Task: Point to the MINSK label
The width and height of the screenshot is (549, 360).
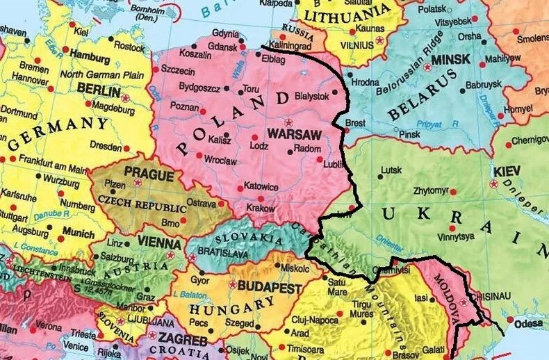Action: click(x=451, y=60)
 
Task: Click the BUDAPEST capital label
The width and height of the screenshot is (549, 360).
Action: click(x=270, y=288)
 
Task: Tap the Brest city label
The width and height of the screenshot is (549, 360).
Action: click(x=355, y=122)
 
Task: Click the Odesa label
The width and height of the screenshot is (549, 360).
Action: click(x=530, y=323)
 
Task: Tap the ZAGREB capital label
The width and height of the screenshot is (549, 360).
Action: click(x=181, y=341)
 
